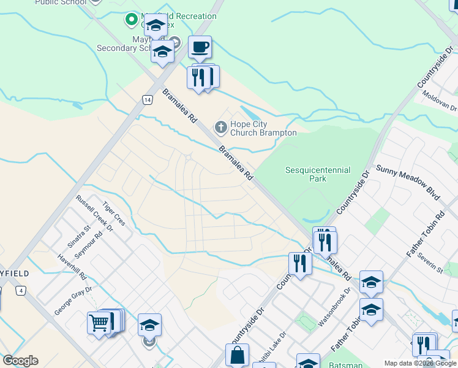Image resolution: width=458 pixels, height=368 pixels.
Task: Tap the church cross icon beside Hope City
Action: (x=220, y=128)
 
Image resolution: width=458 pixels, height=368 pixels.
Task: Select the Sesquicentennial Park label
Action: (x=318, y=174)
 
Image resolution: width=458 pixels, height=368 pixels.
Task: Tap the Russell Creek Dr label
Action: (x=94, y=213)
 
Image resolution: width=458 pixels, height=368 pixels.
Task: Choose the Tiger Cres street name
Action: (x=113, y=213)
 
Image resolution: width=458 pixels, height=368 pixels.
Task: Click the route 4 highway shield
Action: (x=22, y=290)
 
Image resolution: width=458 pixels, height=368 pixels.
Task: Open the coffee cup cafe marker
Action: (x=200, y=46)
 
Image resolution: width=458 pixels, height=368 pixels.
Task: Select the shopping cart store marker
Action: (x=98, y=321)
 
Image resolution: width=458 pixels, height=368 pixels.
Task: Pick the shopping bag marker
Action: (x=237, y=355)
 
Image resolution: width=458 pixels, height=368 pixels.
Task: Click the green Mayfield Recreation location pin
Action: (x=131, y=20)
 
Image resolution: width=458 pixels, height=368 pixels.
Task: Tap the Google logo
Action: (x=20, y=361)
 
